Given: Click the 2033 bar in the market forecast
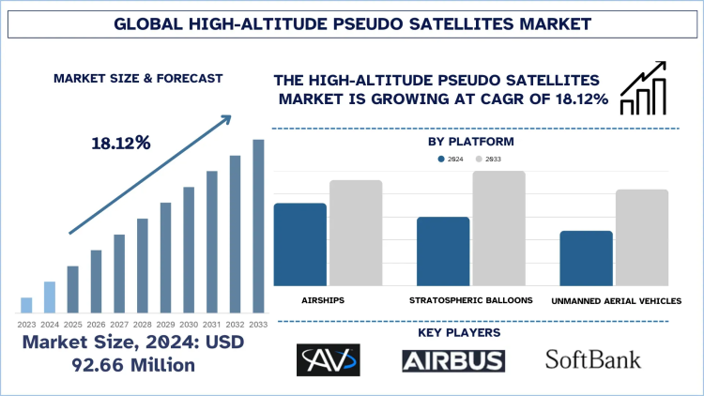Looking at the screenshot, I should click(x=258, y=225).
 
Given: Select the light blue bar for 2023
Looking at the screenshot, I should click(x=26, y=304).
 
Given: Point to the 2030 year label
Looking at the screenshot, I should click(x=189, y=324).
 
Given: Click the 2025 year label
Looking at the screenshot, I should click(x=72, y=324).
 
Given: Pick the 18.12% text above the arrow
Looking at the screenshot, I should click(x=121, y=144).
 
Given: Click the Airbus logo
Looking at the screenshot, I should click(x=453, y=360).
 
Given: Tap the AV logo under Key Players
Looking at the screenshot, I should click(x=328, y=360).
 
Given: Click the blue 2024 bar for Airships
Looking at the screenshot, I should click(x=299, y=244).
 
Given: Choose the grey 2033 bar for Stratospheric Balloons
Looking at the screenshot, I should click(x=498, y=228).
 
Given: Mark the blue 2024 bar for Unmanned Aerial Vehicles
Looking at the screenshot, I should click(x=586, y=258).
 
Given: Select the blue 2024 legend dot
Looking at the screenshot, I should click(x=441, y=160).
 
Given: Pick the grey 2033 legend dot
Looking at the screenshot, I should click(x=479, y=160).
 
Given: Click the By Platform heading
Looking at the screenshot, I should click(x=470, y=142).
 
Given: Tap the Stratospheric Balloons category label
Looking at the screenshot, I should click(x=471, y=300).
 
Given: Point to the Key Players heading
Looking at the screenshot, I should click(x=470, y=332).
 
